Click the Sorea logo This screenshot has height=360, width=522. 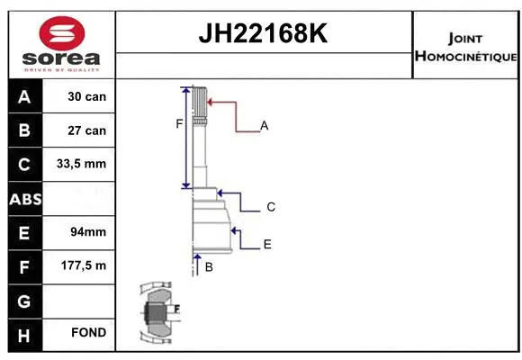coord(59,43)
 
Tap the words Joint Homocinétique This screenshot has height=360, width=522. coord(465,47)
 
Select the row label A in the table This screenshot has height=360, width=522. coord(23,96)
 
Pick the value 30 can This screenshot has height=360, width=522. coord(87,96)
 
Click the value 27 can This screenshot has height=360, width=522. coord(87,130)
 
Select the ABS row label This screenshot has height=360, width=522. coord(23,198)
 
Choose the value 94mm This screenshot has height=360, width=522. coord(87,231)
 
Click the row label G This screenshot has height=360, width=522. coord(23,299)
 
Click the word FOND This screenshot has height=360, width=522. coord(87,333)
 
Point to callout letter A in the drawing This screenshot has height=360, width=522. coord(265,126)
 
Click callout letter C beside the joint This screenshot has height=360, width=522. coord(270,207)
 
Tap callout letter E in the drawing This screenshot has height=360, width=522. coord(267,244)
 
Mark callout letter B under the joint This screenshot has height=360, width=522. coord(208,266)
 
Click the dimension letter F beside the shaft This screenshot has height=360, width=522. coord(178,124)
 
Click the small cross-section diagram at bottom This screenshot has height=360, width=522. coord(158,312)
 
